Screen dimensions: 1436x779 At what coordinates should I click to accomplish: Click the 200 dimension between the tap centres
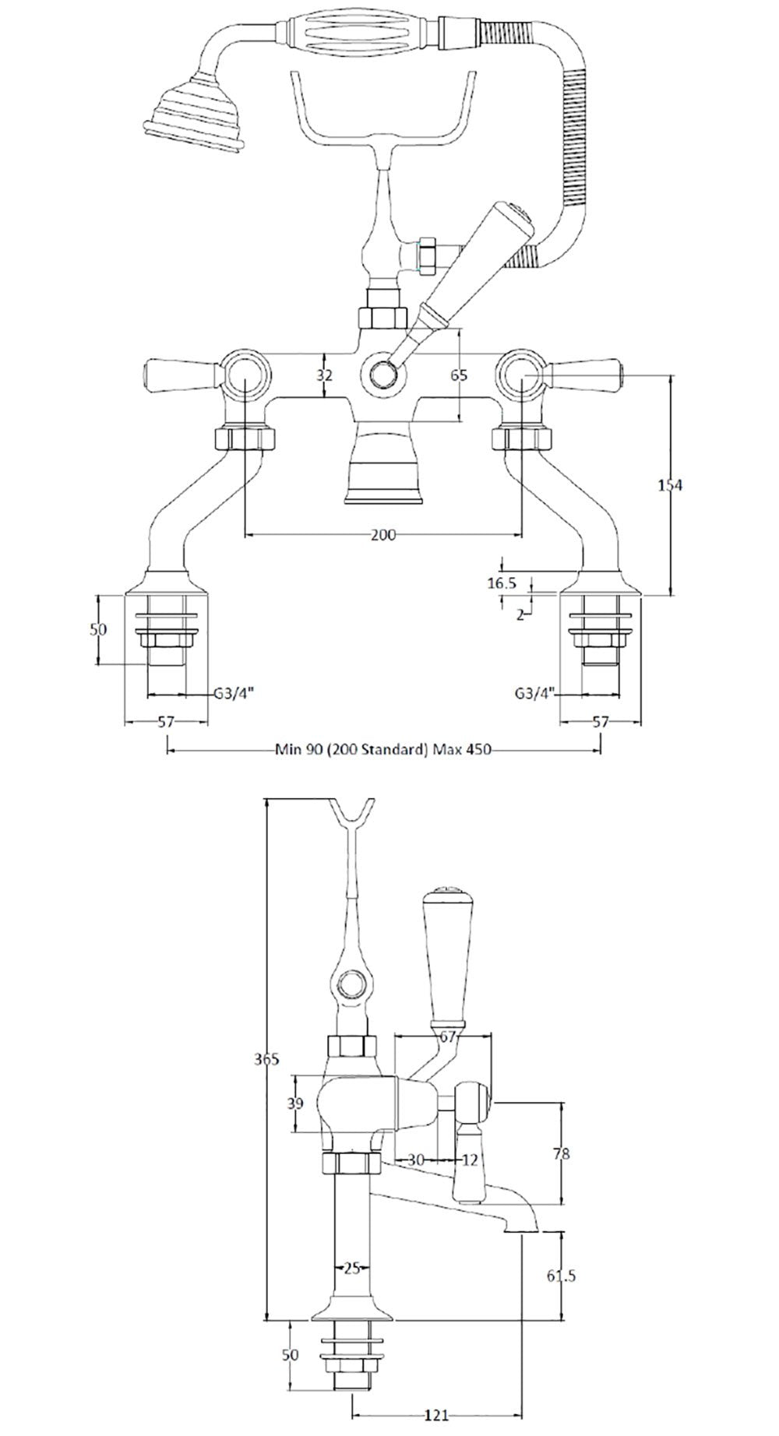pos(384,534)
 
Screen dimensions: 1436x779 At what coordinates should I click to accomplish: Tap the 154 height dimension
pos(670,485)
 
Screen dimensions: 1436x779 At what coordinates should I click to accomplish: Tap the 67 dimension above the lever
pos(447,1036)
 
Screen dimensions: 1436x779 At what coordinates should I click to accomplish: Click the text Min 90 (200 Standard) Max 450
pos(384,750)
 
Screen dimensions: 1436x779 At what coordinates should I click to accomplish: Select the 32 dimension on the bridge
pos(325,375)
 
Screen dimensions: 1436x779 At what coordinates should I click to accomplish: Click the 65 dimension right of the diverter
pos(460,375)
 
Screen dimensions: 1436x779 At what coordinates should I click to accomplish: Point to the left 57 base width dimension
pos(166,722)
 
